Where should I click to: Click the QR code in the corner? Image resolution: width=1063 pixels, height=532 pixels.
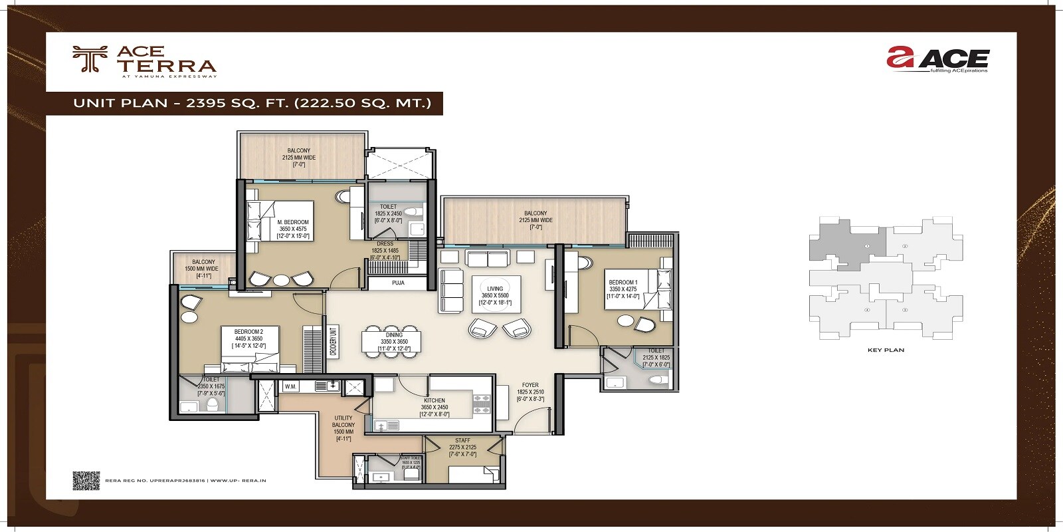(x=86, y=480)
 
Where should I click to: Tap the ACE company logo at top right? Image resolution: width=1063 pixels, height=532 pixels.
(x=937, y=59)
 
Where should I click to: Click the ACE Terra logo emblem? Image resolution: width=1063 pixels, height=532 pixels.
(x=89, y=59)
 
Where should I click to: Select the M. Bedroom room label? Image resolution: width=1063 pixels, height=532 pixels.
(x=293, y=222)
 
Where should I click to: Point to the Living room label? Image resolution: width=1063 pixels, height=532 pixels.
(x=495, y=289)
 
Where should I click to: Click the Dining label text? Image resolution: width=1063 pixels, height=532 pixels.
(x=394, y=335)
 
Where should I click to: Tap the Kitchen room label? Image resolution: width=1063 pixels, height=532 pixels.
(x=435, y=400)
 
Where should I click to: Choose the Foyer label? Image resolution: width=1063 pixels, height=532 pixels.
(x=530, y=385)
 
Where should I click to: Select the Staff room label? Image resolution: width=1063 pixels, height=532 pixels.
(x=462, y=441)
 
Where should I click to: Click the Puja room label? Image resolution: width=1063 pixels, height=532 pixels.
(x=398, y=283)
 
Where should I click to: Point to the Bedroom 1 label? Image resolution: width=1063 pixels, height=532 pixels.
(x=623, y=283)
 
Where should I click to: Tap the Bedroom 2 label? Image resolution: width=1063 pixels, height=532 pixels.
(x=248, y=332)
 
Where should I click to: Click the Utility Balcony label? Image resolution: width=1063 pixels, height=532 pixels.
(x=343, y=422)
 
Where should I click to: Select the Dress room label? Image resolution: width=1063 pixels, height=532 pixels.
(x=385, y=244)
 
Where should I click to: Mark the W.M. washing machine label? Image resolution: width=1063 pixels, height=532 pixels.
(x=290, y=386)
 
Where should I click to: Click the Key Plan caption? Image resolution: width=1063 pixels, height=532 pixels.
(x=886, y=350)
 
